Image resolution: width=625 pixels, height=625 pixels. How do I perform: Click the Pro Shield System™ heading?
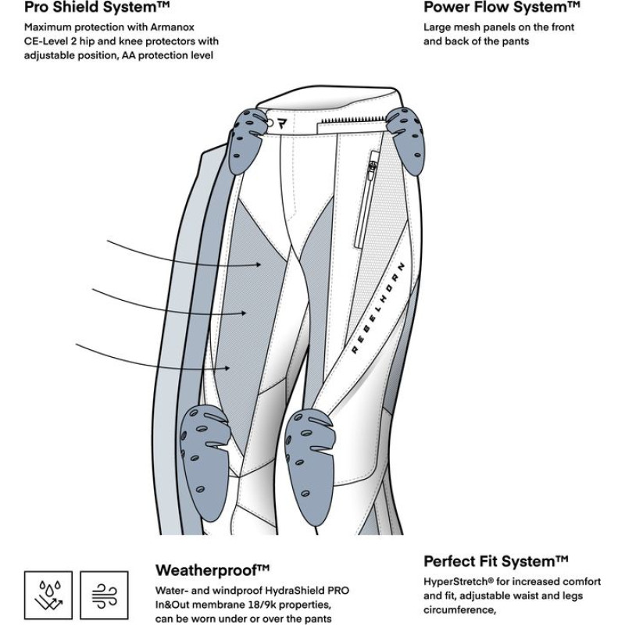click(x=98, y=9)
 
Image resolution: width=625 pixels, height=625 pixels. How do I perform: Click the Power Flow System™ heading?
click(x=502, y=9)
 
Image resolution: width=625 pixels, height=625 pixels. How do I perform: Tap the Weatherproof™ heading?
click(x=212, y=569)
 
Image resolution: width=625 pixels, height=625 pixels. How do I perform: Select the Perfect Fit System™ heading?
click(x=495, y=562)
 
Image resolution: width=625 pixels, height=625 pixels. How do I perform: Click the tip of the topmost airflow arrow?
click(x=262, y=266)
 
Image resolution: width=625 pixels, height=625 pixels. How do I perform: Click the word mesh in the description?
click(x=465, y=27)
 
